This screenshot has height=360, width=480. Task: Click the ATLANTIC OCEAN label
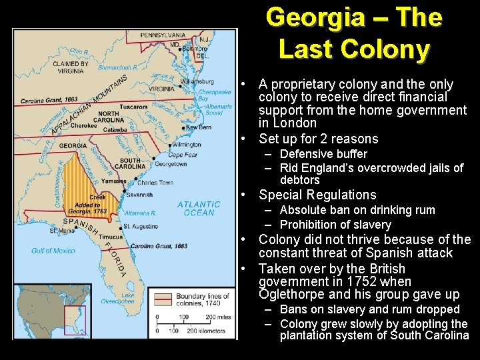coord(199,208)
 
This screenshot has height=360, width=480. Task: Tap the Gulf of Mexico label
coord(54,251)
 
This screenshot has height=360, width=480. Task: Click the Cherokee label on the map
coord(84,125)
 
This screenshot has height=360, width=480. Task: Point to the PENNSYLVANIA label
coord(163,35)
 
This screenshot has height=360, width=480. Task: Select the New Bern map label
coord(198,127)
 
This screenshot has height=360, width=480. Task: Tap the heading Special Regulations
coord(317,195)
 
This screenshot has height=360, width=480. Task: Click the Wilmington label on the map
coord(186,144)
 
